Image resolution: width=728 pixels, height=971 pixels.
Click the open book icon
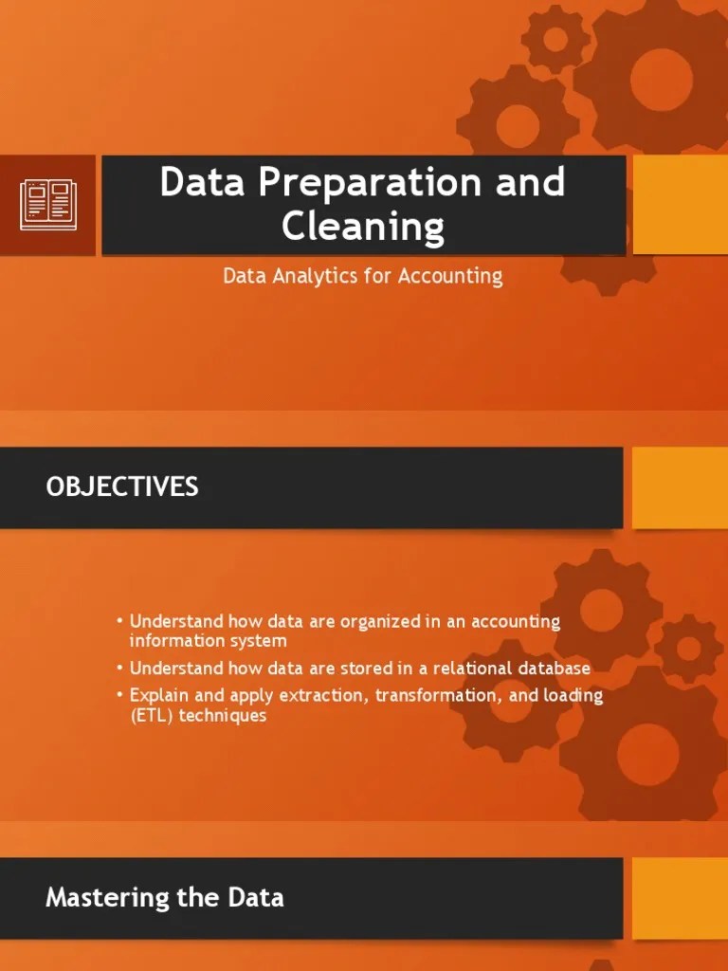pos(47,205)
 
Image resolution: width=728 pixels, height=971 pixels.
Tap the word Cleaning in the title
pos(363,228)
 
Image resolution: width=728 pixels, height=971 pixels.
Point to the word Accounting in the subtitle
pos(450,276)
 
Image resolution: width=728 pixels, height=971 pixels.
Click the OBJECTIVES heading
pos(122,487)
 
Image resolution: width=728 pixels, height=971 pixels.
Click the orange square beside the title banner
pos(680,205)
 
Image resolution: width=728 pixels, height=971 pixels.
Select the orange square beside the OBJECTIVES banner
pos(680,487)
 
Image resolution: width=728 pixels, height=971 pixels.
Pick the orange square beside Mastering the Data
pos(680,897)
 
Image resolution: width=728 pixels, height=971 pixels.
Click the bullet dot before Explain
pos(120,695)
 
